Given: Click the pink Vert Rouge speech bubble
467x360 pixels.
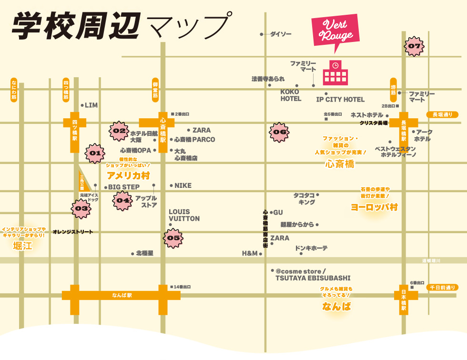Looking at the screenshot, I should pos(335,31).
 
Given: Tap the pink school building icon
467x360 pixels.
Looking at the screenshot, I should pos(335,72).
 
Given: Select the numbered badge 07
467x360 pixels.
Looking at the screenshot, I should pos(414,46).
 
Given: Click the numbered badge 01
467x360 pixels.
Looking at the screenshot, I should pos(95,153).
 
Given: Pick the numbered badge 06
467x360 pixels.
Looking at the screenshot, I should pos(280,132).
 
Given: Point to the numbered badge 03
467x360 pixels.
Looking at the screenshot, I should pos(81,208).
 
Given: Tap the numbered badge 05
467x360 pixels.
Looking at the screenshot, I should pos(173,238).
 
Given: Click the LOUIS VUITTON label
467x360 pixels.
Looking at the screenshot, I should pos(184,215).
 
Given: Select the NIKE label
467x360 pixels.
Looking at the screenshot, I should pos(183,185).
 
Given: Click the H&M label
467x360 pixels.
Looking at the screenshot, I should pos(249,253).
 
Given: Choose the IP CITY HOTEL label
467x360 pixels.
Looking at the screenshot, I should pos(340,100).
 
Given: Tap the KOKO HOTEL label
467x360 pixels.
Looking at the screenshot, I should pos(291,95).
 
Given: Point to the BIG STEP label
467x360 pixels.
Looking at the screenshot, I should pos(123,187).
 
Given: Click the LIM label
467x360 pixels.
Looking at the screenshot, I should pos(91,105).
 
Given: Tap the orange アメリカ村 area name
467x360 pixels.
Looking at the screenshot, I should pos(128,175).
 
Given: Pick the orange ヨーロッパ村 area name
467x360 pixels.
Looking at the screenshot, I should pos(374,207).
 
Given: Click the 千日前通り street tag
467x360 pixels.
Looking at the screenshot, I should pos(442,288).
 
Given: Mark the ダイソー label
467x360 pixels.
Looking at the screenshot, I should pos(280,34).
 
